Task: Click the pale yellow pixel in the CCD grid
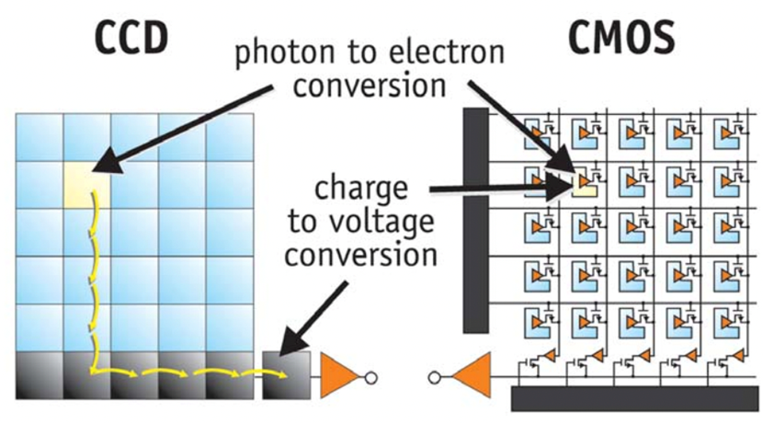[x=86, y=185]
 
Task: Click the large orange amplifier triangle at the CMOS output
[x=473, y=376]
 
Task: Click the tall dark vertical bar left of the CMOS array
[x=474, y=221]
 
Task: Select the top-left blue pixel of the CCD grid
[x=40, y=137]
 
